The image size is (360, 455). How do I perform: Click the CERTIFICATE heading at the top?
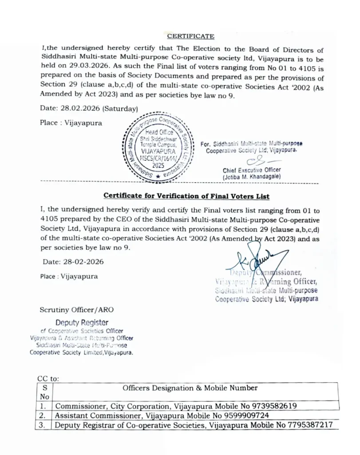[x=190, y=36]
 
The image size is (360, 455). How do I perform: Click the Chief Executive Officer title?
[x=252, y=170]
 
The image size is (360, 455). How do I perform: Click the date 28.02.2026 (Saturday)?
[x=89, y=108]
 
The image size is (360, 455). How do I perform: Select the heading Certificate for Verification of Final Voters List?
[x=186, y=196]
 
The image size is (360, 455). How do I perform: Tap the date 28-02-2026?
[x=73, y=262]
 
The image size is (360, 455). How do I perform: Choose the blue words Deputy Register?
[x=82, y=323]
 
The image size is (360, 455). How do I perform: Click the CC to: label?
[x=48, y=379]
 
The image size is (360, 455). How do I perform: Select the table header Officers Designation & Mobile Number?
[x=190, y=388]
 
